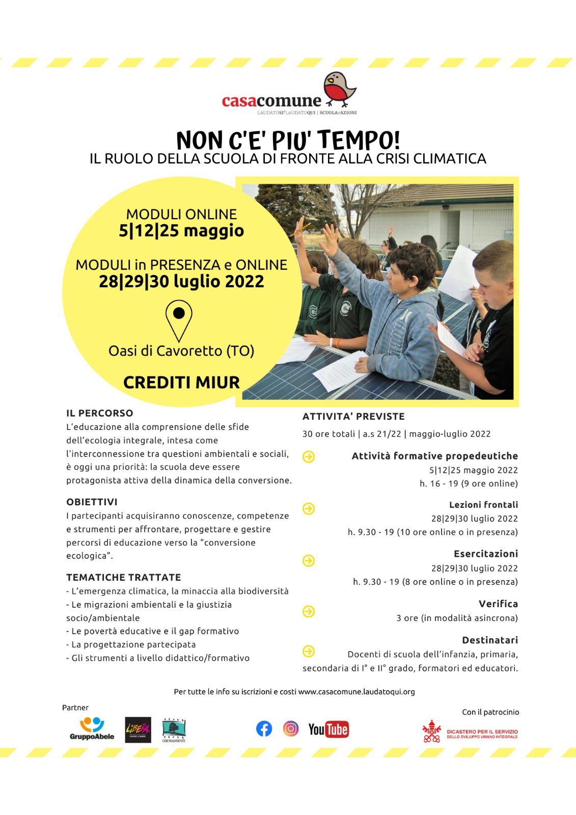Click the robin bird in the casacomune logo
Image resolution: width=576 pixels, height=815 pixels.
(x=340, y=89)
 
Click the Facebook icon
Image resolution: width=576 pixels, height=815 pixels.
(x=264, y=729)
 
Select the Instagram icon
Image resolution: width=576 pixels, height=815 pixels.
(x=291, y=729)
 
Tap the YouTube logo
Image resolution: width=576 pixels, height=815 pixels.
(x=328, y=729)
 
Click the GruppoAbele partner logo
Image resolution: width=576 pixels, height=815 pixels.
(x=92, y=729)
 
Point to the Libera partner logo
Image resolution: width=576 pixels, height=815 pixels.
(x=138, y=729)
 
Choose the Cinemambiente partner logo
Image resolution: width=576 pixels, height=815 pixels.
(x=174, y=730)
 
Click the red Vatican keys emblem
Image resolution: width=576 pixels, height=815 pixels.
(x=432, y=731)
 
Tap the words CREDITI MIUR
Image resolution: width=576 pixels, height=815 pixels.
(x=181, y=383)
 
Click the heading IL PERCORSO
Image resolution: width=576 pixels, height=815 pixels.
(x=100, y=413)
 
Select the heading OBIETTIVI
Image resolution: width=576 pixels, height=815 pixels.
(x=92, y=502)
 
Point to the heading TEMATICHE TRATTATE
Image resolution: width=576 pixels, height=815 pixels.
(x=124, y=577)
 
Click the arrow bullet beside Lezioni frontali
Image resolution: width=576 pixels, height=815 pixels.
(x=309, y=508)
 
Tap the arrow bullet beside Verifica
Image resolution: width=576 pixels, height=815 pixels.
(x=309, y=611)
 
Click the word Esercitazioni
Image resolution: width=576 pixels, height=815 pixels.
(x=486, y=554)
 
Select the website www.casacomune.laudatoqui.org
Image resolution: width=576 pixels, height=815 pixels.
(x=356, y=692)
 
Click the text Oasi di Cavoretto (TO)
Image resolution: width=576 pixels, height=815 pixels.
(x=181, y=351)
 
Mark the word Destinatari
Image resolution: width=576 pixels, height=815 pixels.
(x=490, y=640)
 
